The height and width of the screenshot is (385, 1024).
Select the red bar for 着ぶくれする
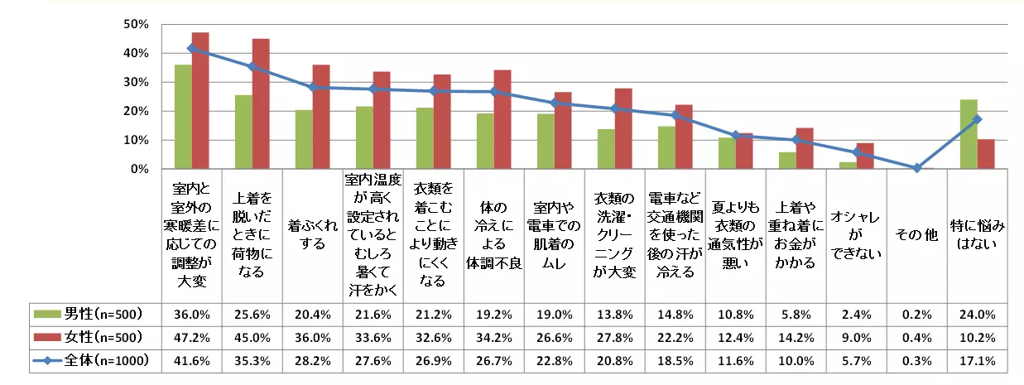tap(322, 117)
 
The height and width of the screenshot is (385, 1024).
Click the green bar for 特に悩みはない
tap(969, 134)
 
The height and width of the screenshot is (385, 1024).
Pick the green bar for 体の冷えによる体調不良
tap(484, 142)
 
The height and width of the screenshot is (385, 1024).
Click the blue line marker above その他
tap(916, 168)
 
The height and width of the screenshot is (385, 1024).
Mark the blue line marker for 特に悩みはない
tap(977, 119)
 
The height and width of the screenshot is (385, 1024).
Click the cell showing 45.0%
tap(252, 338)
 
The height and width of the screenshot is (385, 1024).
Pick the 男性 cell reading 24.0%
tap(977, 315)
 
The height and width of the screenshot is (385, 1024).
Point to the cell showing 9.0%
tap(856, 338)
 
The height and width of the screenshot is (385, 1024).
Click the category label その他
tap(916, 236)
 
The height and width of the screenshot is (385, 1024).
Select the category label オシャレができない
tap(856, 236)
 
